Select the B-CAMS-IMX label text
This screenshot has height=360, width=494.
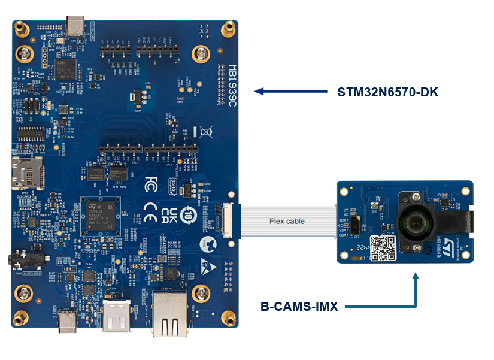click(x=299, y=307)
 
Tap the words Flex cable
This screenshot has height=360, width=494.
click(x=287, y=221)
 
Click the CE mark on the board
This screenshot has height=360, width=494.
click(x=150, y=209)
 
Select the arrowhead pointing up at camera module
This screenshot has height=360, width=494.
click(x=415, y=276)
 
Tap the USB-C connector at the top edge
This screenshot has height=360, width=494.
click(x=76, y=25)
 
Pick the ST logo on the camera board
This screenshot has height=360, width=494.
click(x=445, y=202)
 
